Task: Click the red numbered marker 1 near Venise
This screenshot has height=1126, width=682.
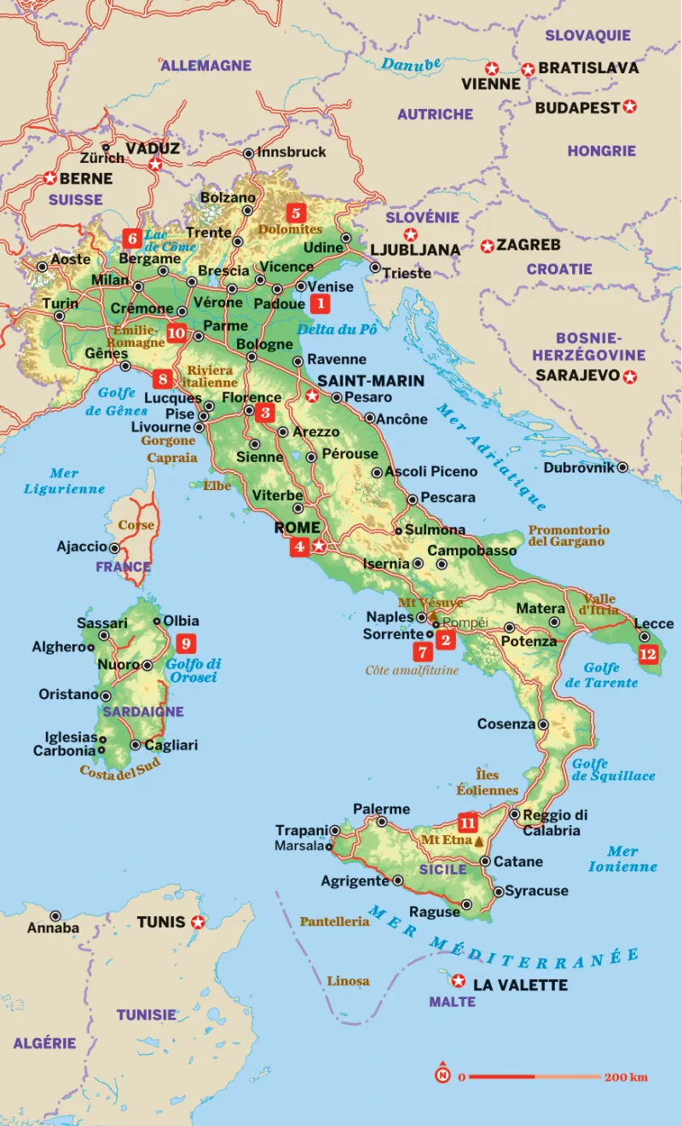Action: click(x=319, y=303)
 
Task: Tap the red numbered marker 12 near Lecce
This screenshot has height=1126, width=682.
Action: click(x=648, y=654)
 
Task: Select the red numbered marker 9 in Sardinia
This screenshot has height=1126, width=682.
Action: click(x=185, y=644)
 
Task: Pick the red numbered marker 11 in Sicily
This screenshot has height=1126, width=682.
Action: click(x=467, y=823)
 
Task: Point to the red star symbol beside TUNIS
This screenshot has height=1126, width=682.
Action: click(x=198, y=922)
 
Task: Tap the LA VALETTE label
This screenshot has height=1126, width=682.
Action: click(x=520, y=985)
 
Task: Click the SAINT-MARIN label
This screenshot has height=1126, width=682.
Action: click(x=370, y=380)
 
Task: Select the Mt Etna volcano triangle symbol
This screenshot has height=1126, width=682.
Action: click(x=478, y=841)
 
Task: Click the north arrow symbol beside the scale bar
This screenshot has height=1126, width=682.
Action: click(x=442, y=1075)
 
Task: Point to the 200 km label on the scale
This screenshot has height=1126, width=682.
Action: click(x=626, y=1077)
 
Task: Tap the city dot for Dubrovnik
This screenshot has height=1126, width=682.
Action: click(x=623, y=467)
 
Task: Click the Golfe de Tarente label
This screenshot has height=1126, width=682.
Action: click(x=611, y=675)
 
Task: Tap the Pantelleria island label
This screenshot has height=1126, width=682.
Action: click(x=334, y=921)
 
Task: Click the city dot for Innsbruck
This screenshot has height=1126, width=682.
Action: click(x=248, y=153)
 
